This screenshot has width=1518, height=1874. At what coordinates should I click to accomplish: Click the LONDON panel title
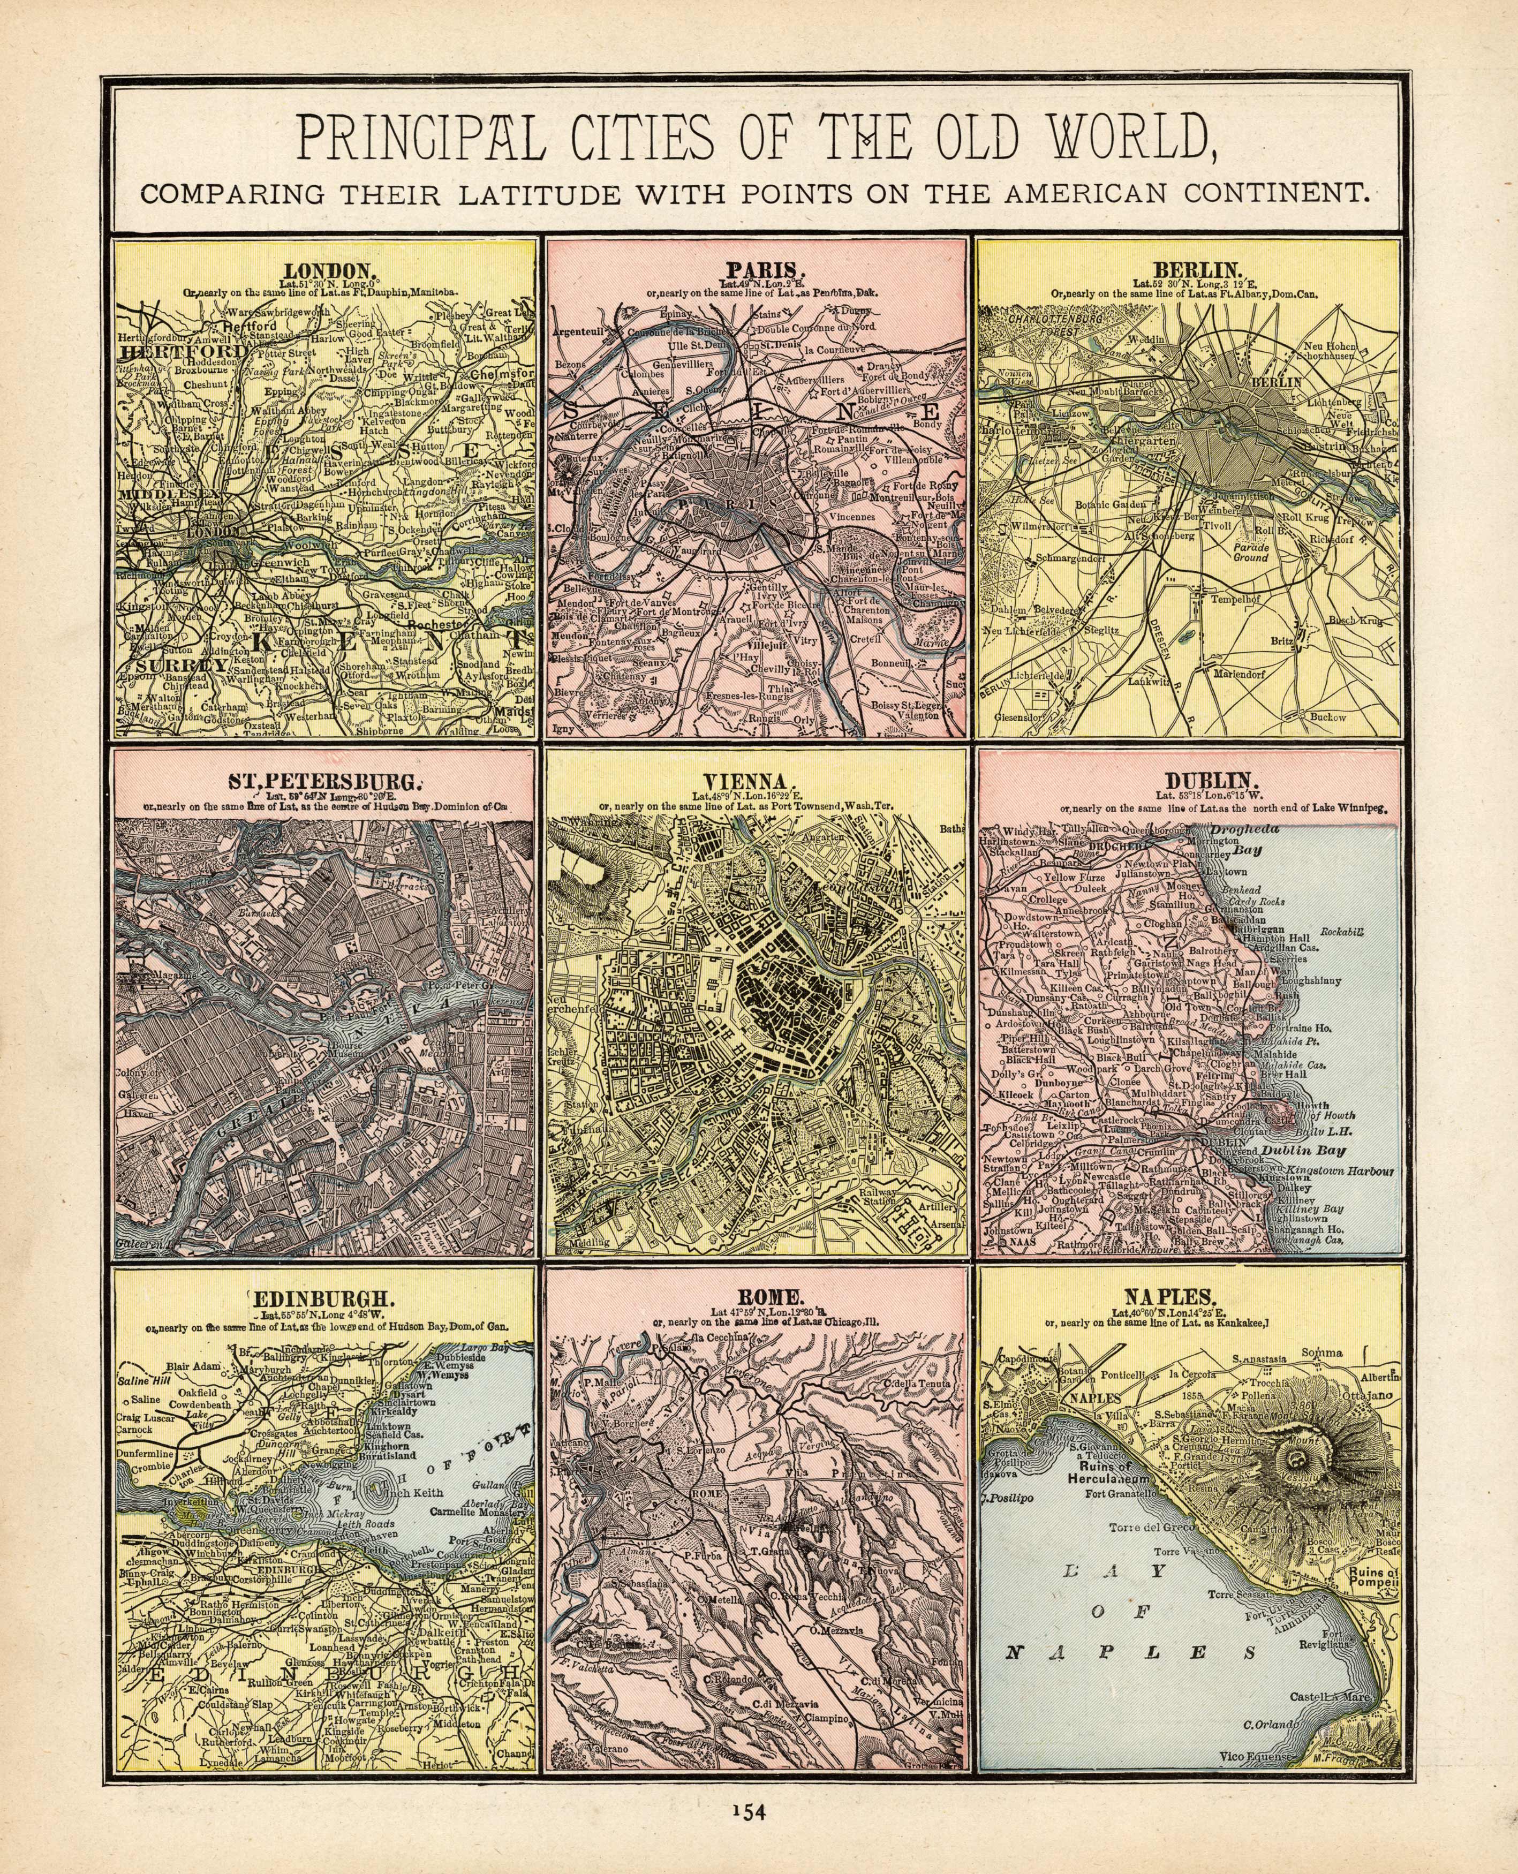click(x=323, y=270)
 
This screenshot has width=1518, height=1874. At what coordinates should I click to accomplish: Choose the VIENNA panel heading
click(x=757, y=781)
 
